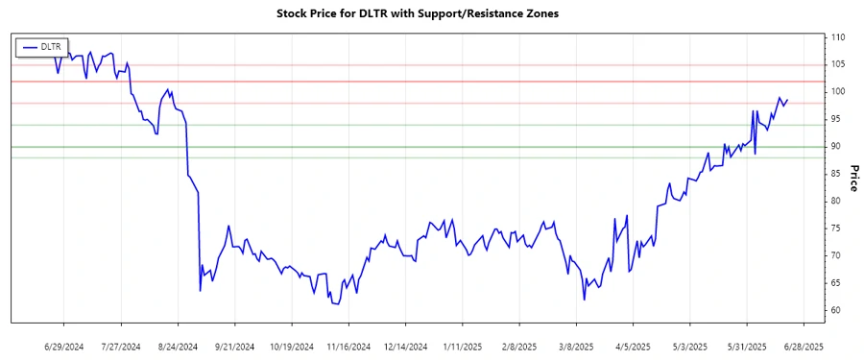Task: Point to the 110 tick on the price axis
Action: [838, 37]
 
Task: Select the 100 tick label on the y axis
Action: [838, 92]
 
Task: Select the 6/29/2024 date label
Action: [63, 346]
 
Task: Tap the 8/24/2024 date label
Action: [178, 346]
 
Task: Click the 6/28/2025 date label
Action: [804, 346]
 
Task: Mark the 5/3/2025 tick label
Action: [689, 346]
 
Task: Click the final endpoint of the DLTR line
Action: [787, 100]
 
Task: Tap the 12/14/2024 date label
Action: [405, 346]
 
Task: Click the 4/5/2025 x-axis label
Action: [633, 346]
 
